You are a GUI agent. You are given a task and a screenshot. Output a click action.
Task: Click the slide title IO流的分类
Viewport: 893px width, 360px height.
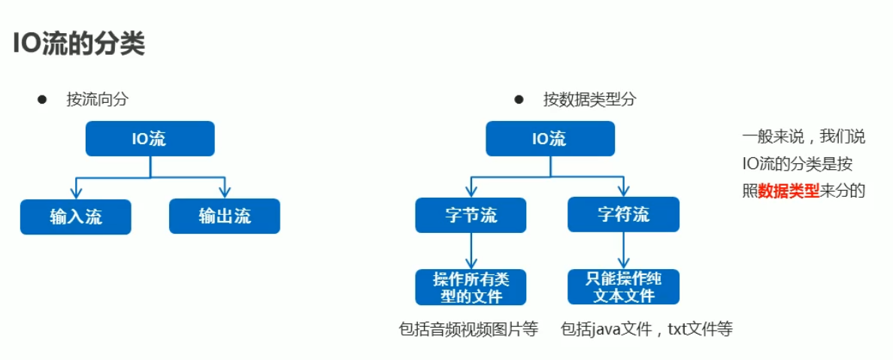click(x=78, y=44)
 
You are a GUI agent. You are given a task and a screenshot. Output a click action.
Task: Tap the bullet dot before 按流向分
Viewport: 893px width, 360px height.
click(x=42, y=99)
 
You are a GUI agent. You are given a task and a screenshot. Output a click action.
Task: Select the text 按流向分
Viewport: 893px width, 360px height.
click(x=92, y=99)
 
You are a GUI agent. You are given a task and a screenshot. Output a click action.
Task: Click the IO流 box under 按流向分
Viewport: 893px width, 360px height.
click(x=150, y=139)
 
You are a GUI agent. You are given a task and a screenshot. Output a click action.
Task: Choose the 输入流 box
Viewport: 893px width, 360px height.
click(x=76, y=216)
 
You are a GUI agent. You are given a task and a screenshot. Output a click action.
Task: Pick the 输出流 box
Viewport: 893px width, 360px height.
click(x=224, y=216)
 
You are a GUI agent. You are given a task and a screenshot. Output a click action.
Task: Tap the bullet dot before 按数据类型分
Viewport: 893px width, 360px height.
click(x=518, y=99)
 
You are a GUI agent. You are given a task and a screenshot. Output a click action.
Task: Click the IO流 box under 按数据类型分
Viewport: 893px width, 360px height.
click(x=549, y=139)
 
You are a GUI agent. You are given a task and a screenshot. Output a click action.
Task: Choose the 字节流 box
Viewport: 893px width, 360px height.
click(x=471, y=215)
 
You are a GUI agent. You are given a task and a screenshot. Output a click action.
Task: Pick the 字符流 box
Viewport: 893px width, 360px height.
click(x=623, y=215)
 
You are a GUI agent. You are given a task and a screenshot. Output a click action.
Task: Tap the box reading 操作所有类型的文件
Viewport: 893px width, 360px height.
click(x=471, y=287)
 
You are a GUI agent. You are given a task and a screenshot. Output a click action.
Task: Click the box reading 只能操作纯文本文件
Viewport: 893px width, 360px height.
click(x=623, y=287)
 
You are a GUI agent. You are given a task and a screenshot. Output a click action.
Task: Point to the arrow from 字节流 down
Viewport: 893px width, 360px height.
click(x=471, y=251)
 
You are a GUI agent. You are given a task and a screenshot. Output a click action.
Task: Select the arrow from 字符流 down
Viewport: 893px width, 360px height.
click(x=623, y=251)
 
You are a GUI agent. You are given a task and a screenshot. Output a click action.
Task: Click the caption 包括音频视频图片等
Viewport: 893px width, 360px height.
click(x=469, y=329)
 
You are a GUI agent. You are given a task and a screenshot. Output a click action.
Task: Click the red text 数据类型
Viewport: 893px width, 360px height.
click(x=789, y=191)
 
